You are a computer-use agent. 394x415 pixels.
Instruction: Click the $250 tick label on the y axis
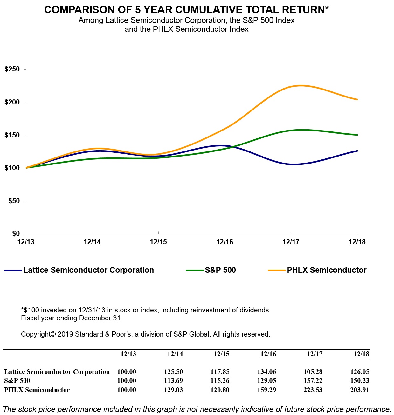(x=12, y=69)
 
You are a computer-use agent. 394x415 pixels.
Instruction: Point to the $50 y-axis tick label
(x=14, y=201)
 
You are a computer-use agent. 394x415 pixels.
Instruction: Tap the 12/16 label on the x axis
(x=225, y=242)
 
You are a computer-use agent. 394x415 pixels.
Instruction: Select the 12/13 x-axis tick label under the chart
(x=26, y=242)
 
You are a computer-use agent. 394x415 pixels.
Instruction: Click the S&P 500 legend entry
(x=220, y=270)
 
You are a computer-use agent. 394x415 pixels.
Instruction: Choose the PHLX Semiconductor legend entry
(x=327, y=270)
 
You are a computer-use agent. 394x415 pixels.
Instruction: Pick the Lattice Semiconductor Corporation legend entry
(x=88, y=270)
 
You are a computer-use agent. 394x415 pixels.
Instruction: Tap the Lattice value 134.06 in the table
(x=266, y=372)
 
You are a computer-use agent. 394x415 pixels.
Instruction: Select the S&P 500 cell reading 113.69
(x=173, y=381)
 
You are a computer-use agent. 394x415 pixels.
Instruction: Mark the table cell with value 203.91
(x=360, y=390)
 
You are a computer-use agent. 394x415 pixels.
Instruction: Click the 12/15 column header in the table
(x=221, y=354)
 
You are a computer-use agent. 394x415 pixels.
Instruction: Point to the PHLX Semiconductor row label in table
(x=37, y=390)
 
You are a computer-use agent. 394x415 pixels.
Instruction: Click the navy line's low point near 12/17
(x=293, y=164)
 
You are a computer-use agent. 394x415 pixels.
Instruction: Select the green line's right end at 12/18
(x=357, y=135)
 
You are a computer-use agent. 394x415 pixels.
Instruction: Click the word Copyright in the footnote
(x=36, y=334)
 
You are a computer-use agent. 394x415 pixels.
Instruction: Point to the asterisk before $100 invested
(x=22, y=310)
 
